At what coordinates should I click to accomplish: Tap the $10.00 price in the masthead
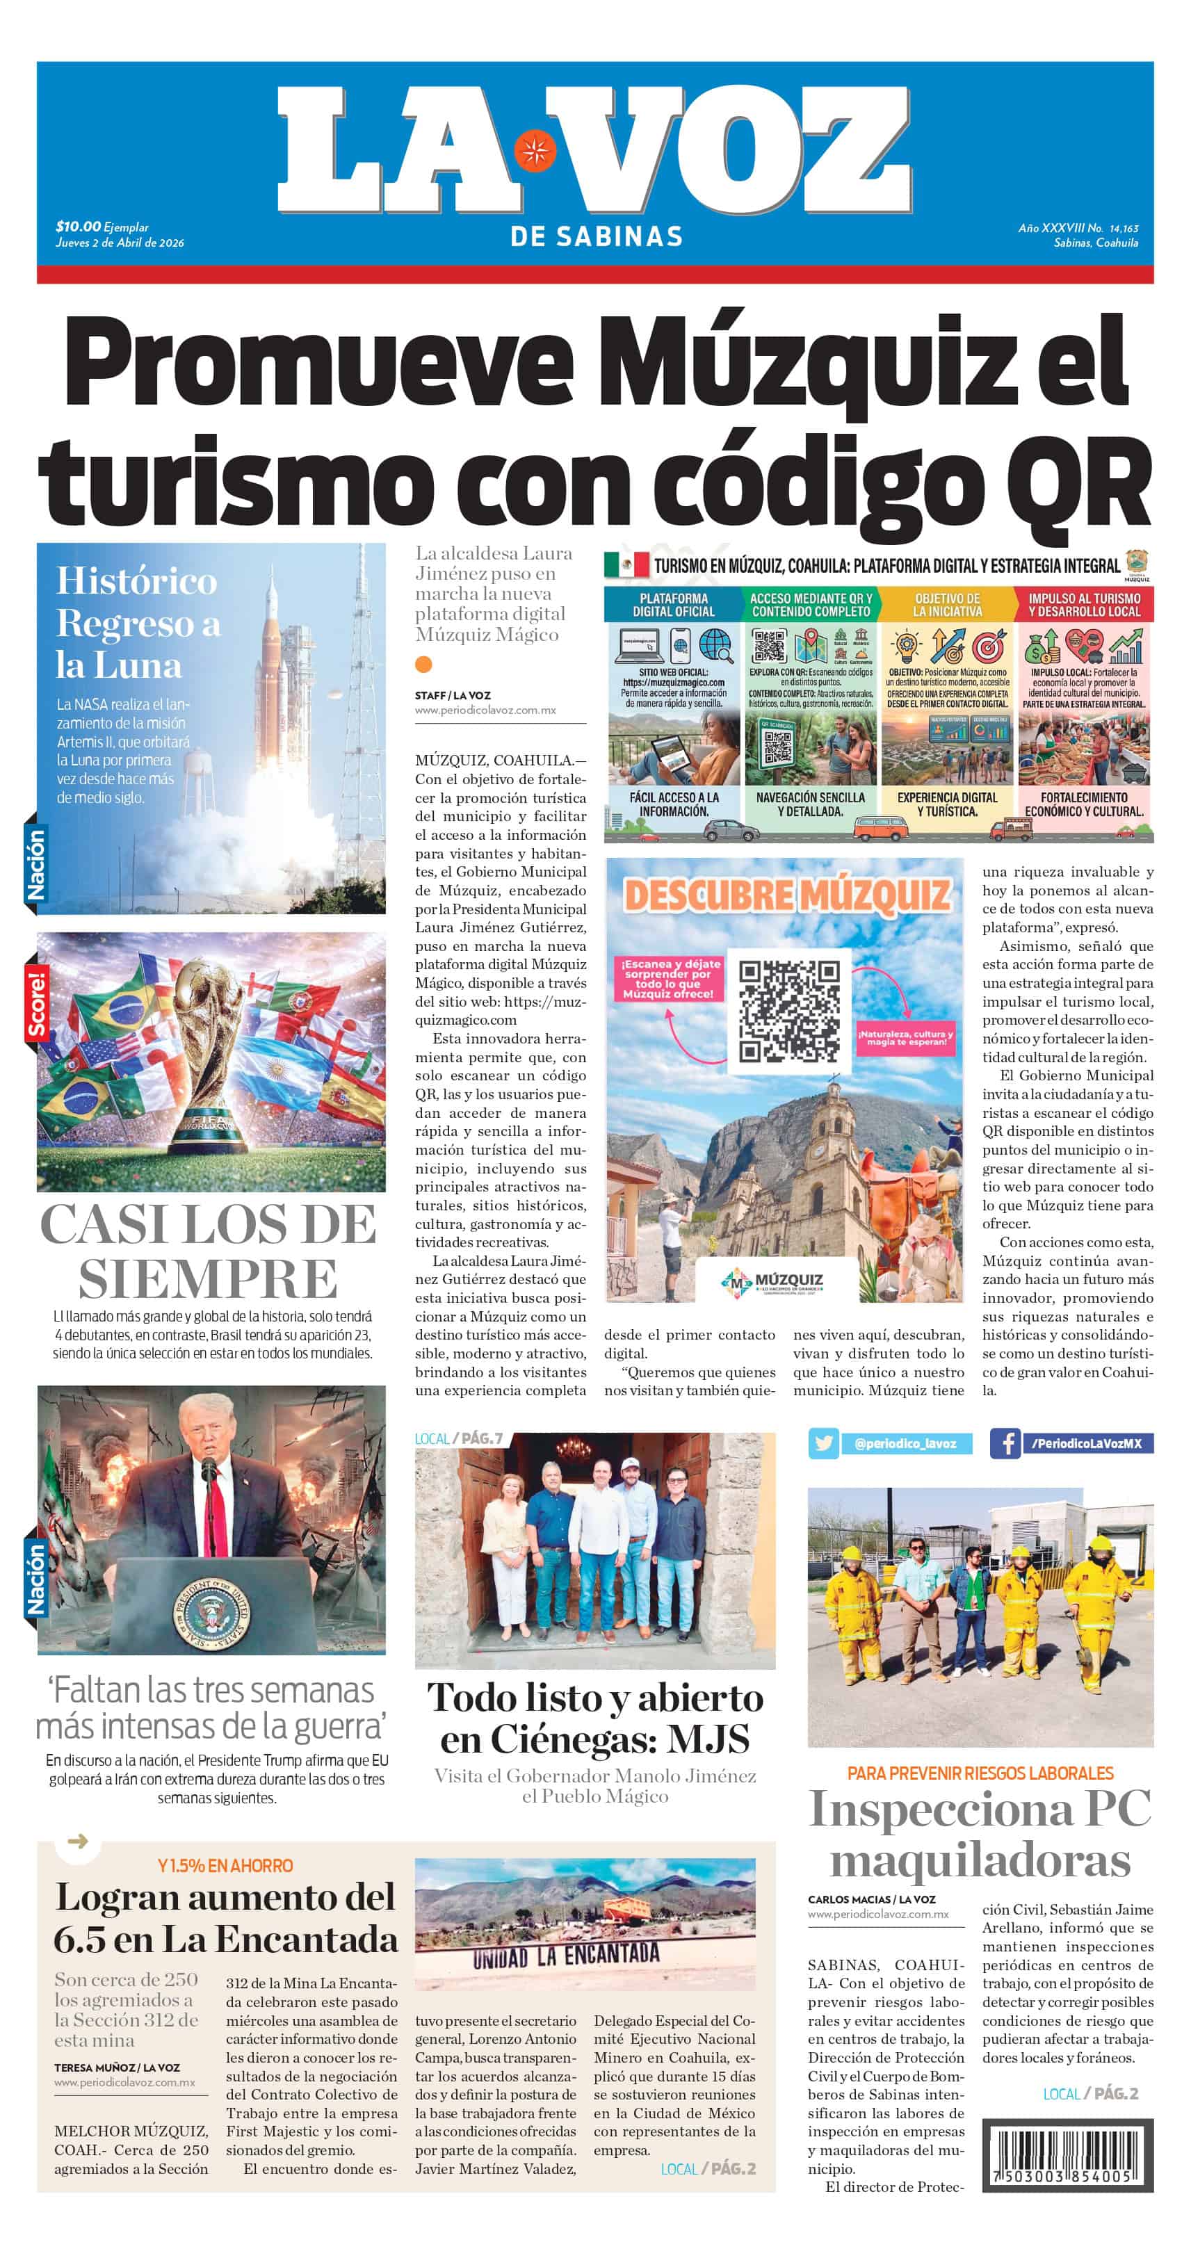click(x=77, y=227)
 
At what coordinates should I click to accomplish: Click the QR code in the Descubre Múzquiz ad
click(x=788, y=1012)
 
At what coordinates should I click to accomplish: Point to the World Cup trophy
click(x=209, y=1044)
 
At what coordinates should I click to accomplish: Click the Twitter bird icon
click(x=823, y=1443)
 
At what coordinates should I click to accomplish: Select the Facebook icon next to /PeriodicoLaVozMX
click(x=1005, y=1443)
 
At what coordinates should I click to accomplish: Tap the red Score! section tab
click(x=35, y=1006)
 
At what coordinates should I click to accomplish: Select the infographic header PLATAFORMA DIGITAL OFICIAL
click(x=673, y=604)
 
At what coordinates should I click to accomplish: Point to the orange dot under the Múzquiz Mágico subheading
click(x=423, y=664)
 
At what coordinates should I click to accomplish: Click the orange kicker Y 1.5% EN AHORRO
click(x=225, y=1865)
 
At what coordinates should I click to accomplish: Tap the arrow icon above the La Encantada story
click(x=77, y=1841)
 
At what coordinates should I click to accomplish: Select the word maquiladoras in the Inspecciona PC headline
click(x=980, y=1862)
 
